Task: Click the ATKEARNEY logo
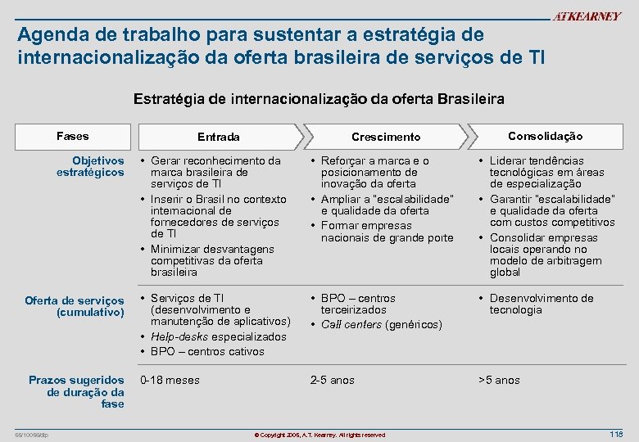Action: click(x=587, y=16)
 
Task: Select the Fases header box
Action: click(x=73, y=136)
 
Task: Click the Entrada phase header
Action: click(x=219, y=137)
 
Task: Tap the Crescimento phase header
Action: click(x=385, y=137)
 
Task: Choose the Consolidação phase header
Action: click(x=545, y=136)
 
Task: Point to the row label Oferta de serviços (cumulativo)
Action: click(x=75, y=306)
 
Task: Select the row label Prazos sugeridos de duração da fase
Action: click(x=76, y=391)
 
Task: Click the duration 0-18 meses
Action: click(x=170, y=380)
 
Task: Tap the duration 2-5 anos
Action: click(x=332, y=380)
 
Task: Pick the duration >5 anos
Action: click(x=499, y=380)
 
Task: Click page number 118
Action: click(x=616, y=433)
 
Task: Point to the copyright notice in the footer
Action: click(x=319, y=434)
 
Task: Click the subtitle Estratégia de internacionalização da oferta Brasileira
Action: click(x=319, y=98)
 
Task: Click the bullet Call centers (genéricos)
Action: click(x=381, y=325)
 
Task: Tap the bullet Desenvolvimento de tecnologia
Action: click(x=541, y=304)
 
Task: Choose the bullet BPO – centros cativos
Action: click(x=207, y=351)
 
